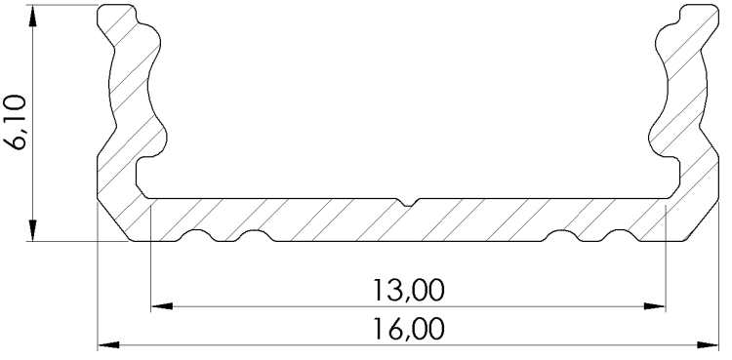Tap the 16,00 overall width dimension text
coord(408,329)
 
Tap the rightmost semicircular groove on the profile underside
coord(620,235)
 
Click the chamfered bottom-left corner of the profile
coord(114,220)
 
